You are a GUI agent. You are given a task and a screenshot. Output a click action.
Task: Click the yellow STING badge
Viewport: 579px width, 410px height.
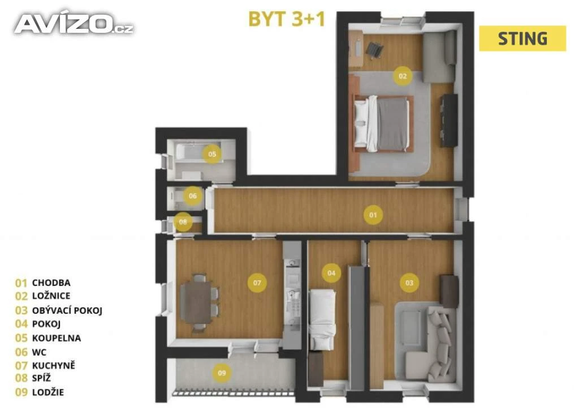point(522,39)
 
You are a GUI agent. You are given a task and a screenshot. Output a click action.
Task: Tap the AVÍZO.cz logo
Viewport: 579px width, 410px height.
point(74,24)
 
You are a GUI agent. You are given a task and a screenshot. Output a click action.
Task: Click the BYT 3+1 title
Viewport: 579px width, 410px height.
point(287,19)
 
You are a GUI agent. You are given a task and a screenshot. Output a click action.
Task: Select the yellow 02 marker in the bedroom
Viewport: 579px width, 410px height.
point(403,76)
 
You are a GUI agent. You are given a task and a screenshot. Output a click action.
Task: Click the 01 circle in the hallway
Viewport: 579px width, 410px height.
point(373,215)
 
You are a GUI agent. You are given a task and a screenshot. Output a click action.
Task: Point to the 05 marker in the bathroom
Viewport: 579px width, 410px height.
point(212,154)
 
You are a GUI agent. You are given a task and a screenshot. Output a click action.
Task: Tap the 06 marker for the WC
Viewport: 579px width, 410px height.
point(193,196)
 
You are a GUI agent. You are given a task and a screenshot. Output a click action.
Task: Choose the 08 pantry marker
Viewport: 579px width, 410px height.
point(183,222)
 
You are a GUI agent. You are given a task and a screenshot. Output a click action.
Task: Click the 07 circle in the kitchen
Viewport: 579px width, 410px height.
point(257,283)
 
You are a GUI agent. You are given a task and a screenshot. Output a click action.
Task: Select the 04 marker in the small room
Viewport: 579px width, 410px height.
point(331,273)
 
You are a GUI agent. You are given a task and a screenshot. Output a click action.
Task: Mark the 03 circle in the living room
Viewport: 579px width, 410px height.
point(409,283)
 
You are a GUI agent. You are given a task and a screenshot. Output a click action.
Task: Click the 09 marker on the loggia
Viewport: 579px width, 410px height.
point(222,373)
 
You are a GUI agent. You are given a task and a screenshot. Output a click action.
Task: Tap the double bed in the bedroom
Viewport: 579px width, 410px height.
point(383,123)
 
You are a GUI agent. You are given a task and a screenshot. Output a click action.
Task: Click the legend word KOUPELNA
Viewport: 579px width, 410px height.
point(57,338)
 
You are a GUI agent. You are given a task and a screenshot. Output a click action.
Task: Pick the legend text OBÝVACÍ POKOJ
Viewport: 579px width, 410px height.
point(67,310)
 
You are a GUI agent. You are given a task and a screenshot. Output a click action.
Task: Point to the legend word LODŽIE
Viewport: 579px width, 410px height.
point(48,392)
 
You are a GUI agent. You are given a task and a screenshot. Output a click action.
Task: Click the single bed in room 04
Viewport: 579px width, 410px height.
point(322,319)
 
